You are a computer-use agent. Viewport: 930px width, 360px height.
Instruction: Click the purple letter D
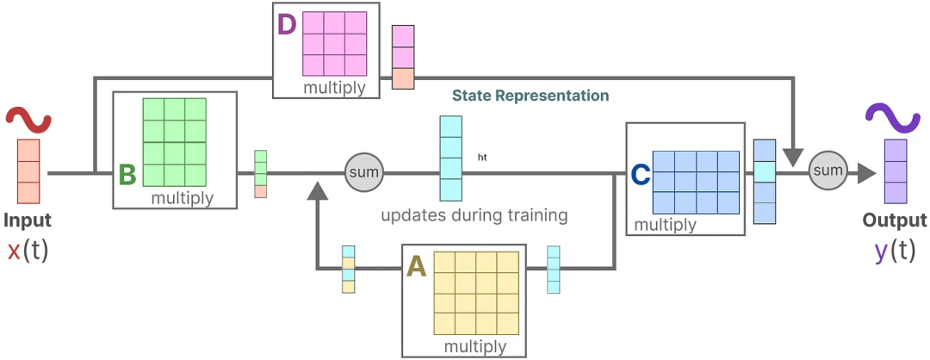pyautogui.click(x=287, y=23)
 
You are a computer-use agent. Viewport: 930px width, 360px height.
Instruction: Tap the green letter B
pyautogui.click(x=127, y=175)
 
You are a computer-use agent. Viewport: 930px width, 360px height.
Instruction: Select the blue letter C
pyautogui.click(x=640, y=175)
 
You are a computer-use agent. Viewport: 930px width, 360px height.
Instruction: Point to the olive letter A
pyautogui.click(x=416, y=268)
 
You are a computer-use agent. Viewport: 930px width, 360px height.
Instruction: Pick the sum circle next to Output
pyautogui.click(x=828, y=171)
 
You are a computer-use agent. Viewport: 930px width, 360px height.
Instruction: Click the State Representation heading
pyautogui.click(x=530, y=96)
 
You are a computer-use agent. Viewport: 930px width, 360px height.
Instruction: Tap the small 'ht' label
pyautogui.click(x=482, y=158)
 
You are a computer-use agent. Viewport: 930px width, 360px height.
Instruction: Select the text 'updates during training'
pyautogui.click(x=474, y=214)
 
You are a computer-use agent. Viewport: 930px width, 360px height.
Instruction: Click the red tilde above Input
pyautogui.click(x=28, y=120)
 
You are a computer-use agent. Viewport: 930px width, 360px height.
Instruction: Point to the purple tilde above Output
pyautogui.click(x=896, y=118)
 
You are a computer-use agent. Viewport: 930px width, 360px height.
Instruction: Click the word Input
pyautogui.click(x=27, y=220)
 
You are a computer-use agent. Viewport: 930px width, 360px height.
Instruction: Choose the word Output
pyautogui.click(x=895, y=220)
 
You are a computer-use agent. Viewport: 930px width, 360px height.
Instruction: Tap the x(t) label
pyautogui.click(x=28, y=251)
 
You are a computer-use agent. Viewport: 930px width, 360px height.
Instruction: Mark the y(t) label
pyautogui.click(x=895, y=251)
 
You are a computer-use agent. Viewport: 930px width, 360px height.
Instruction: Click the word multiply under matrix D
pyautogui.click(x=334, y=87)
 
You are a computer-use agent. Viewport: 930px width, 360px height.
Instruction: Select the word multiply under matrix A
pyautogui.click(x=475, y=346)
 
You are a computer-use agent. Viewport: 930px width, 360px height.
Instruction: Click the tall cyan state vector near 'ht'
pyautogui.click(x=451, y=158)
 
